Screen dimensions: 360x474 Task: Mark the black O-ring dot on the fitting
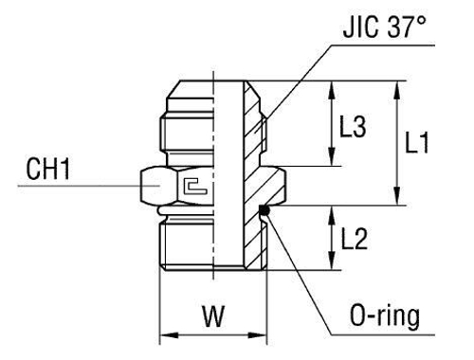pos(266,210)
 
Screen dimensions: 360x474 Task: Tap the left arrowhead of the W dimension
pos(163,333)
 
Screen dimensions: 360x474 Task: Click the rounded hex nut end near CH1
pos(150,185)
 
